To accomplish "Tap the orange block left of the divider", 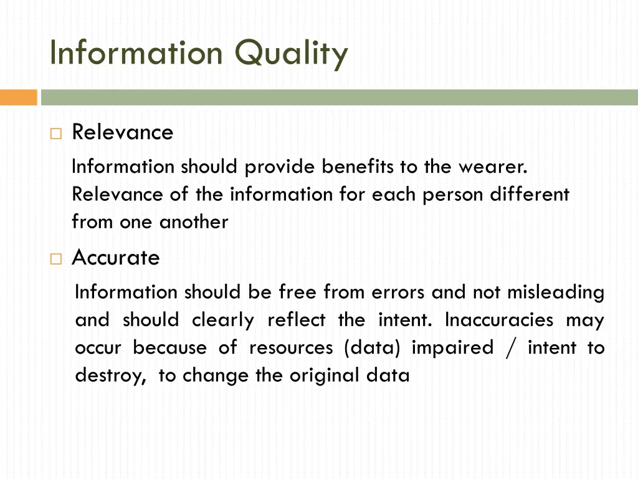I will [x=18, y=97].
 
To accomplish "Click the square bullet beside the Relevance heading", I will [x=57, y=133].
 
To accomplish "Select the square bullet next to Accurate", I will [x=57, y=258].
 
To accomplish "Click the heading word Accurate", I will [x=116, y=258].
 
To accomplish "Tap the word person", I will [x=454, y=194].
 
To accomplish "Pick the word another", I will [x=194, y=221].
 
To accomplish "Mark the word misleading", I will [x=556, y=292].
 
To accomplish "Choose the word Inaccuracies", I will [x=499, y=320].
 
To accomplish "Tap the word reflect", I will [x=296, y=320].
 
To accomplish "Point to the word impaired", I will [x=452, y=347].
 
